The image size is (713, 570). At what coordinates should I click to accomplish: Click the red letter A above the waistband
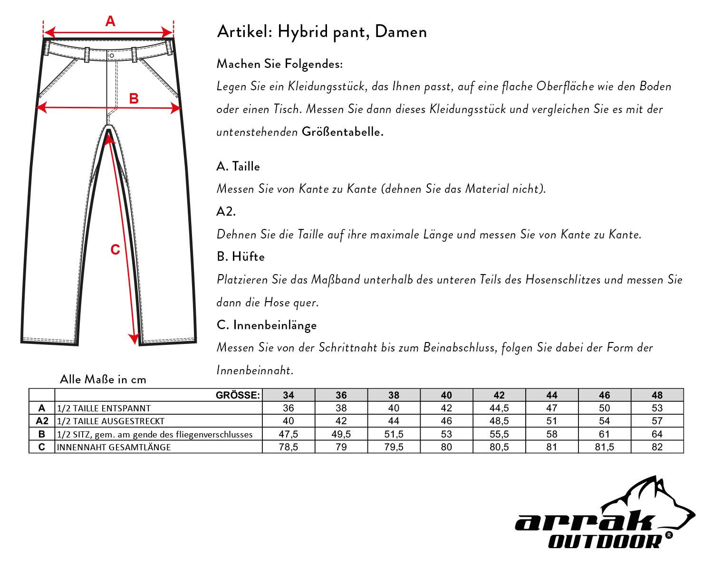tap(110, 21)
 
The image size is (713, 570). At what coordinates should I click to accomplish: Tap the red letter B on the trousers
tap(134, 98)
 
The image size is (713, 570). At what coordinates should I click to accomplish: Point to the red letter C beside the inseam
tap(115, 250)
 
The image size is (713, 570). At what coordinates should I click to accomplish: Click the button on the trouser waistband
tap(111, 56)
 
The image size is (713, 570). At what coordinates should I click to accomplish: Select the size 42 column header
tap(499, 395)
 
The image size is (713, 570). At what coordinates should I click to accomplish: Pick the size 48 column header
tap(657, 395)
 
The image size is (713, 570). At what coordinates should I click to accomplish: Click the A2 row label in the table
tap(42, 421)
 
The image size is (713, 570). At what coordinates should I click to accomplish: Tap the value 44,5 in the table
tap(499, 408)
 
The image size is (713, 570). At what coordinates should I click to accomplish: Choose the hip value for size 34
tap(289, 434)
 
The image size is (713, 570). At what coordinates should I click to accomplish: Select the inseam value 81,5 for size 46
tap(604, 447)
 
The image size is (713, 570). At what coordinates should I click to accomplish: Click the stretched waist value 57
tap(657, 421)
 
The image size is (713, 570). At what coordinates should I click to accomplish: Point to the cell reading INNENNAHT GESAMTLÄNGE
tap(114, 447)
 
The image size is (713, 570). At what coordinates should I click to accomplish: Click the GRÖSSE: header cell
tap(238, 395)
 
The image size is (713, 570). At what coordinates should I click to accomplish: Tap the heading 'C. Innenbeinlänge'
tap(266, 325)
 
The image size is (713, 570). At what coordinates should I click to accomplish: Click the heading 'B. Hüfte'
tap(241, 256)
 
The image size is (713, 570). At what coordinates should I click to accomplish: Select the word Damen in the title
tap(401, 32)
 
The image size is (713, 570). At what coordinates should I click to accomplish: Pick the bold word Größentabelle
tap(342, 132)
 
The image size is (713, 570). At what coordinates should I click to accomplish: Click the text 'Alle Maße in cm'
tap(103, 379)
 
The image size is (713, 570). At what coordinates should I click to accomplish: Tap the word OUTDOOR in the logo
tap(605, 541)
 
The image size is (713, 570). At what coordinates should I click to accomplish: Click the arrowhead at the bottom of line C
tap(134, 339)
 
